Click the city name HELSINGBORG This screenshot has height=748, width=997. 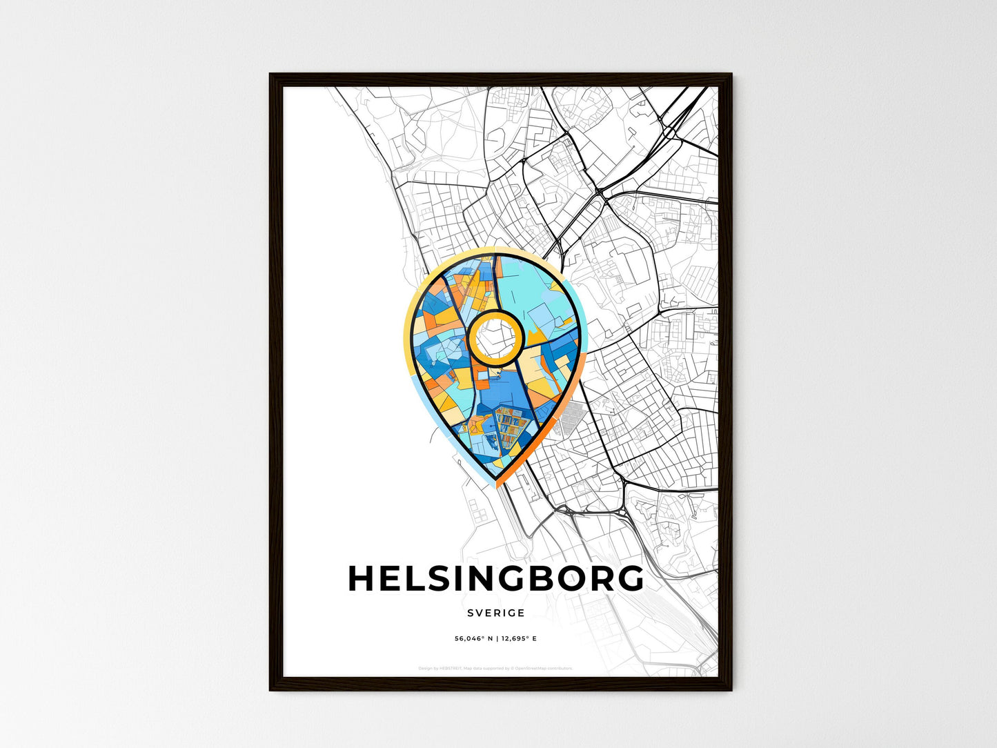point(495,579)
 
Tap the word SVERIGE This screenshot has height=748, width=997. point(495,613)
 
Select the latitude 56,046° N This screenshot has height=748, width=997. point(473,639)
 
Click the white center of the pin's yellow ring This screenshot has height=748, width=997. point(493,337)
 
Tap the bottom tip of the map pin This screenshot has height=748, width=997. point(496,480)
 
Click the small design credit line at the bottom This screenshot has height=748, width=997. point(495,668)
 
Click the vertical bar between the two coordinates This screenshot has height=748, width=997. point(496,639)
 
